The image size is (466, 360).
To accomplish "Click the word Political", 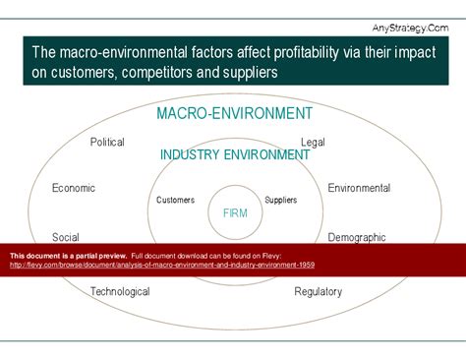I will click(107, 142).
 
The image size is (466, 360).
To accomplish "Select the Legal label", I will click(313, 142).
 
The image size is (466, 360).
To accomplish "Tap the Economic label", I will click(74, 188).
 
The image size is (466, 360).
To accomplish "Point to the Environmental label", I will click(359, 188).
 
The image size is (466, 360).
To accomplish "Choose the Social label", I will click(66, 237).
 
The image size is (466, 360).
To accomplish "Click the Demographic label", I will click(357, 237).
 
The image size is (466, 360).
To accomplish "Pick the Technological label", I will click(120, 291).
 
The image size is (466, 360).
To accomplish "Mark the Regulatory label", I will click(319, 291).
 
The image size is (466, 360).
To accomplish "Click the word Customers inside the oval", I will click(176, 200).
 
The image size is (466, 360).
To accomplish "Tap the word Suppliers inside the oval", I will click(281, 200).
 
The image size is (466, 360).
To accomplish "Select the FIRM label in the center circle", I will click(235, 212).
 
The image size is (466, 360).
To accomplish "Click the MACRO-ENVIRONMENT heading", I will click(235, 113).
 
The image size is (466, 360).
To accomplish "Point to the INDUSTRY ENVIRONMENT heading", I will click(235, 154).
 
